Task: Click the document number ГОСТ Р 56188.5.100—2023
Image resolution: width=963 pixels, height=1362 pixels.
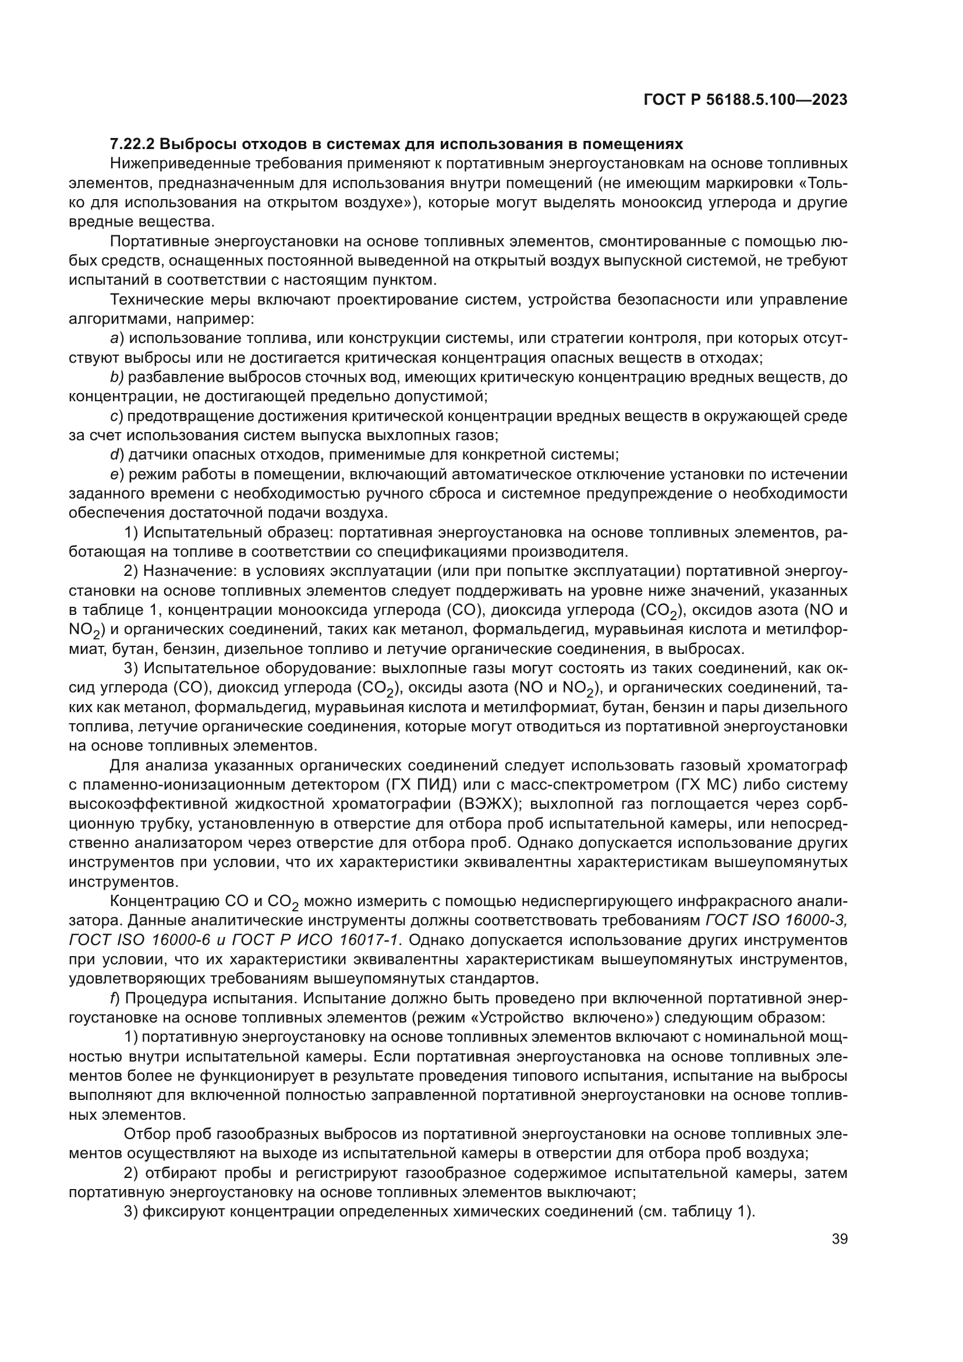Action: coord(745,100)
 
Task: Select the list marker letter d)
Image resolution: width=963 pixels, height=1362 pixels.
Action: coord(116,455)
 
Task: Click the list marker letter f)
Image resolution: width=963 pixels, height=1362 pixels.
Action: coord(115,999)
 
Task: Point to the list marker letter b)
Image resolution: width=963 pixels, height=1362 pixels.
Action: coord(116,377)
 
